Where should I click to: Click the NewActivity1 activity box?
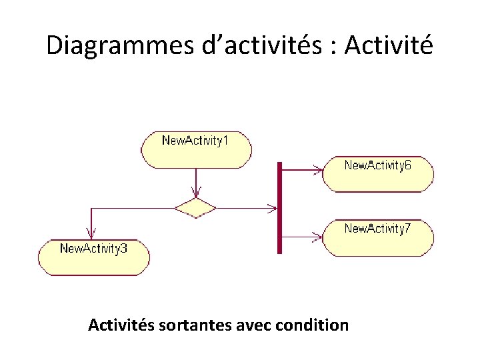[196, 149]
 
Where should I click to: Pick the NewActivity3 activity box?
[94, 257]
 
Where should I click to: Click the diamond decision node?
[195, 208]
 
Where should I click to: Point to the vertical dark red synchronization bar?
[280, 207]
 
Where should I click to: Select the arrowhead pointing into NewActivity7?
[318, 235]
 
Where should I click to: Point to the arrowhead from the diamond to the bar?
[271, 208]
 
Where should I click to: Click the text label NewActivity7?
[377, 229]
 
